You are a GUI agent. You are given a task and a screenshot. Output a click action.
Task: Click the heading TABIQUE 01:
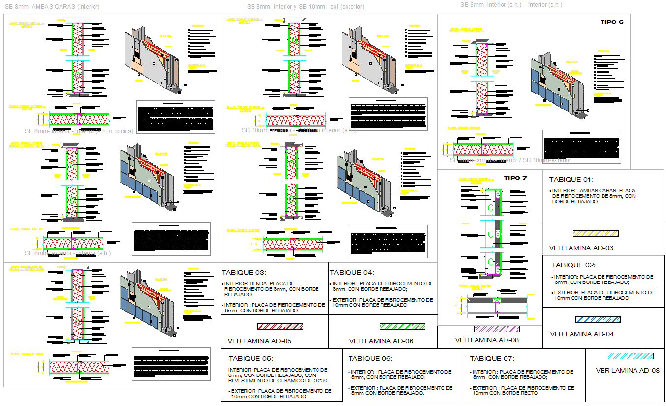571,180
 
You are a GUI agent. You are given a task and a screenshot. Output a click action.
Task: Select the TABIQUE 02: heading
573,265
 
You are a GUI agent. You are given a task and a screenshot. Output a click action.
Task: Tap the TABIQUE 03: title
244,273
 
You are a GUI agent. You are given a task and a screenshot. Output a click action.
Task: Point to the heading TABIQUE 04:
352,273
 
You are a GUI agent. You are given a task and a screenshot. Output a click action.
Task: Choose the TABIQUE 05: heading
251,359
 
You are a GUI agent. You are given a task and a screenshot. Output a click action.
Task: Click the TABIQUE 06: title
371,359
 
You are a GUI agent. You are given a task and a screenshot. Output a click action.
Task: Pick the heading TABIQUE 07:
492,359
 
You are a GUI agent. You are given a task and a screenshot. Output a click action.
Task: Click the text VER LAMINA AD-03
581,248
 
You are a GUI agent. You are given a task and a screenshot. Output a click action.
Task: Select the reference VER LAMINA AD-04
582,334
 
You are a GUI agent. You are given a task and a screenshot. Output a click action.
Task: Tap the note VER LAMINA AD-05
259,341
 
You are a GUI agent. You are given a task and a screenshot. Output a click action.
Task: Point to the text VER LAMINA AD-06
381,341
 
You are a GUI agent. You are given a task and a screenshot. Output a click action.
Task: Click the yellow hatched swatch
596,234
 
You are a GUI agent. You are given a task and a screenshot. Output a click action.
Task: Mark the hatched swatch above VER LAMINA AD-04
598,320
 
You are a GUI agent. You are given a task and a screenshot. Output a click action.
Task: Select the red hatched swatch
280,326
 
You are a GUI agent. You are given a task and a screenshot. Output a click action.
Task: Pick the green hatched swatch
402,326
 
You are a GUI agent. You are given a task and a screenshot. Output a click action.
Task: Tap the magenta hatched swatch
497,329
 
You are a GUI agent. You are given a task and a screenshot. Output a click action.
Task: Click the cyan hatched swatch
631,356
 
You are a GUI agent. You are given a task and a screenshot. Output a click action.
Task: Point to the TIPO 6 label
612,22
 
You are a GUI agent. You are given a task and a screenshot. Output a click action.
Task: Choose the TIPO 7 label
515,178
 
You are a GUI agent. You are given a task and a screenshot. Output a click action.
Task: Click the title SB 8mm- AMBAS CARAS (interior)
52,7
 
